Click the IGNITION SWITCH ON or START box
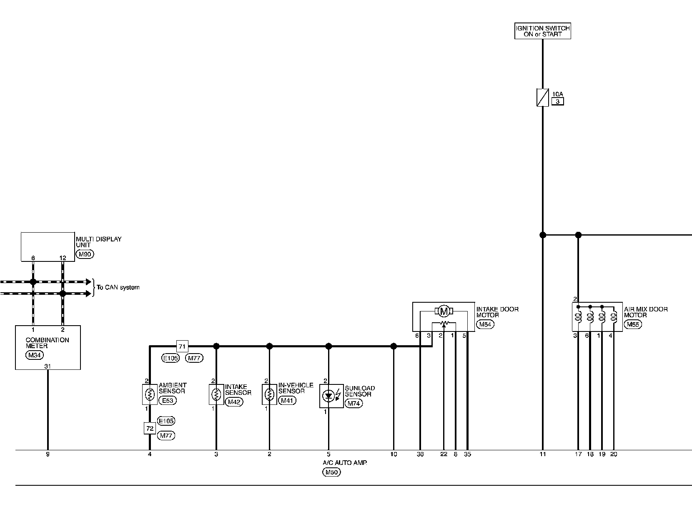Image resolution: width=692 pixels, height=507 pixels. pos(542,31)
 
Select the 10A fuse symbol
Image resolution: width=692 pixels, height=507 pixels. pos(542,98)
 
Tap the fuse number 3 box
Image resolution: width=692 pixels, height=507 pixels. pos(557,101)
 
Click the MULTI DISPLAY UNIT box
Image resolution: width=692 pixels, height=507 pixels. pos(48,247)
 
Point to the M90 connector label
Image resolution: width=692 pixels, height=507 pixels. pos(85,254)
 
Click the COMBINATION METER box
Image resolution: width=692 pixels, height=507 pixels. pos(48,347)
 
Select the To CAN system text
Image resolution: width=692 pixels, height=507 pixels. pos(118,287)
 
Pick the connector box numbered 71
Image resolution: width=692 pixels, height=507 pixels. pos(182,346)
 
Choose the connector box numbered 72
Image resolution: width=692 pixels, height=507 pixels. pos(150,428)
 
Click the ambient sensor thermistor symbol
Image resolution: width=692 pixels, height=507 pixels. pos(150,394)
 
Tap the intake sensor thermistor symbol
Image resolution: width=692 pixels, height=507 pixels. pos(216,394)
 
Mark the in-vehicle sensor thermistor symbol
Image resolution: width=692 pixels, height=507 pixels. pos(269,394)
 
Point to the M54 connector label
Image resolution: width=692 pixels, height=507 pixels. pos(485,324)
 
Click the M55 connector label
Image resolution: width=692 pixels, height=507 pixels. pos(632,324)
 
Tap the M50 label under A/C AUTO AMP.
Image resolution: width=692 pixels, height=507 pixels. pos(331,472)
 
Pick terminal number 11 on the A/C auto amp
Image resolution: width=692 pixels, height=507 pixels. pos(542,454)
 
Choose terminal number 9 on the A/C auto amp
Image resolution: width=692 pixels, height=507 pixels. pos(48,454)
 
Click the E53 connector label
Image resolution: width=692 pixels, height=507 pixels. pos(168,400)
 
